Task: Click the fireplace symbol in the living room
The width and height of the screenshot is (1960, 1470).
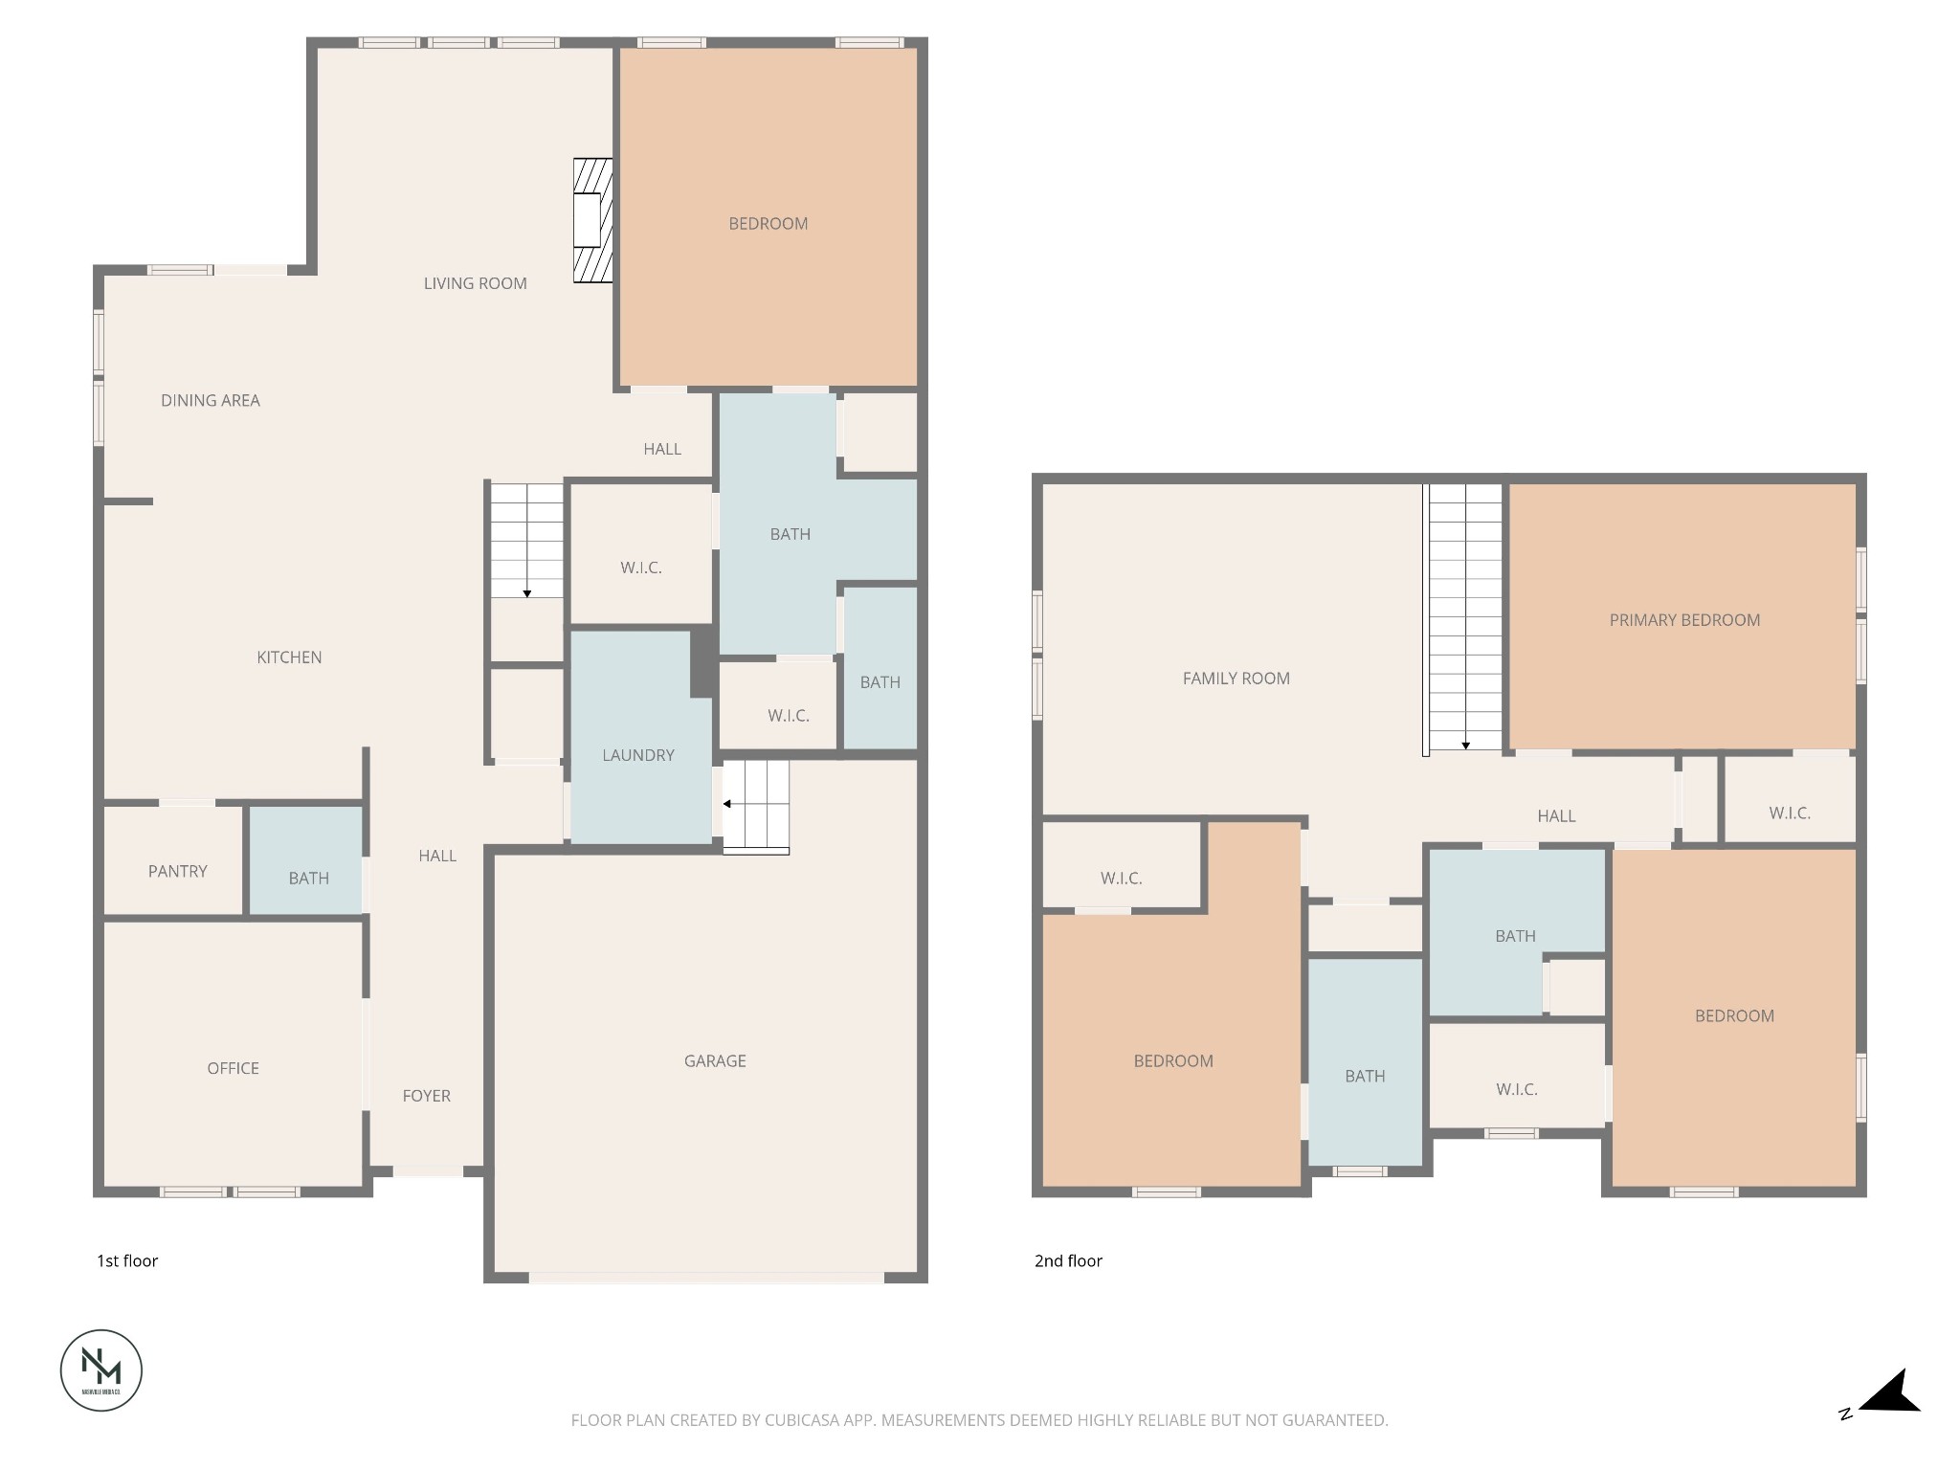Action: pyautogui.click(x=592, y=220)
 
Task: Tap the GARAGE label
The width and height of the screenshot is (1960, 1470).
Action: pyautogui.click(x=715, y=1060)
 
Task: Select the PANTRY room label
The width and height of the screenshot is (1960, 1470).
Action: pyautogui.click(x=177, y=871)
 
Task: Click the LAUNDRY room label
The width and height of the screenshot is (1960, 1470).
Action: pyautogui.click(x=637, y=755)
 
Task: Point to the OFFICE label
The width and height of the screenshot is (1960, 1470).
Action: pyautogui.click(x=233, y=1068)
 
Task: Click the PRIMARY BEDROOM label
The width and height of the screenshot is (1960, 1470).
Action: pyautogui.click(x=1684, y=620)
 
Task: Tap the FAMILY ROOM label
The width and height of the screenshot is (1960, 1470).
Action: pyautogui.click(x=1236, y=679)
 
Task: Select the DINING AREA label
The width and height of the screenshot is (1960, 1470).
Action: pyautogui.click(x=210, y=401)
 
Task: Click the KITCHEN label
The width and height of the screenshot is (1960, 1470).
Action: pyautogui.click(x=289, y=657)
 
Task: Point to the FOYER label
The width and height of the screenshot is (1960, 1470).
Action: pyautogui.click(x=426, y=1096)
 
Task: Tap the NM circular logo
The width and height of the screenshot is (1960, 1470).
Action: pyautogui.click(x=101, y=1370)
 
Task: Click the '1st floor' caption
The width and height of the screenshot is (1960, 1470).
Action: pyautogui.click(x=127, y=1261)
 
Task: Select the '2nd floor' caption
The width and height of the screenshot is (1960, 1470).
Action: pyautogui.click(x=1068, y=1261)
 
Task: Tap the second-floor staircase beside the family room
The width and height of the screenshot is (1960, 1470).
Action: pyautogui.click(x=1465, y=617)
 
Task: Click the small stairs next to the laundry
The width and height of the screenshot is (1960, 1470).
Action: pyautogui.click(x=756, y=805)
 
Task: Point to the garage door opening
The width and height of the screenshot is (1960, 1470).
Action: pyautogui.click(x=706, y=1277)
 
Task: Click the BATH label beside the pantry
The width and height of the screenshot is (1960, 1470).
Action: pyautogui.click(x=308, y=878)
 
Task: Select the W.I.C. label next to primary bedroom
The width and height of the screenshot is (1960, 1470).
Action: pyautogui.click(x=1789, y=813)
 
